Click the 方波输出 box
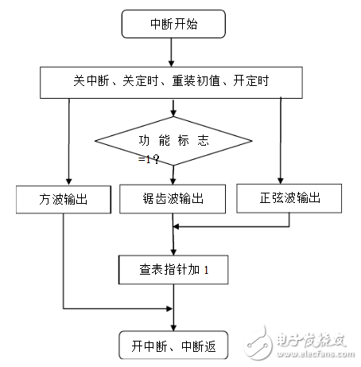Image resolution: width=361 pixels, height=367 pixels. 63,198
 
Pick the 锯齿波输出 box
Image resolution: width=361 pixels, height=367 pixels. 172,198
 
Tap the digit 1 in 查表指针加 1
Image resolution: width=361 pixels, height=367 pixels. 206,271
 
